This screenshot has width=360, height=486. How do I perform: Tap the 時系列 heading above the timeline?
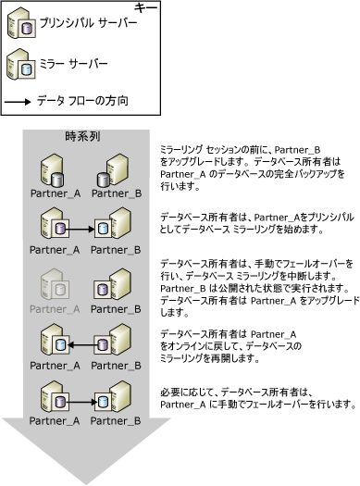pyautogui.click(x=81, y=135)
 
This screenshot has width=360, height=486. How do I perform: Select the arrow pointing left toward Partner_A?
pyautogui.click(x=81, y=345)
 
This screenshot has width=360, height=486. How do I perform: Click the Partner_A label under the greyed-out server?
pyautogui.click(x=52, y=308)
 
